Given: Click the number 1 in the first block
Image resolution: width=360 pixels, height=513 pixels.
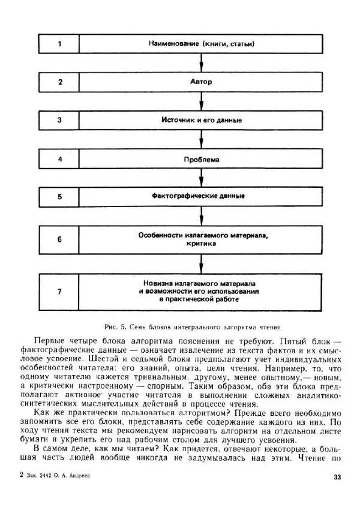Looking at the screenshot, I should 59,44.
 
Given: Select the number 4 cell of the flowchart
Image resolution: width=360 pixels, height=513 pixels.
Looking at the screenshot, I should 59,159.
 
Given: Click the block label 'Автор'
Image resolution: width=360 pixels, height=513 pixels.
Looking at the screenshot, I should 202,82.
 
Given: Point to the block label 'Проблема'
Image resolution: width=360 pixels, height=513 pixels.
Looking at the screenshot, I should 202,160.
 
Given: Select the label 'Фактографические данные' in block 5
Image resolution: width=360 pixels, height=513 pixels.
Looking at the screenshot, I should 202,196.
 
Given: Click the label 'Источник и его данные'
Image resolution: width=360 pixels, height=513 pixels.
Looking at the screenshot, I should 202,120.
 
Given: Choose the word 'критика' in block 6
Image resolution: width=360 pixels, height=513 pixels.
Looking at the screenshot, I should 202,244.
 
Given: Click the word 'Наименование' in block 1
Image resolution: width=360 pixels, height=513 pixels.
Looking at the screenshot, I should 174,44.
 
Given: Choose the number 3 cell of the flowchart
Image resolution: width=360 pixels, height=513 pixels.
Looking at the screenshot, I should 59,120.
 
